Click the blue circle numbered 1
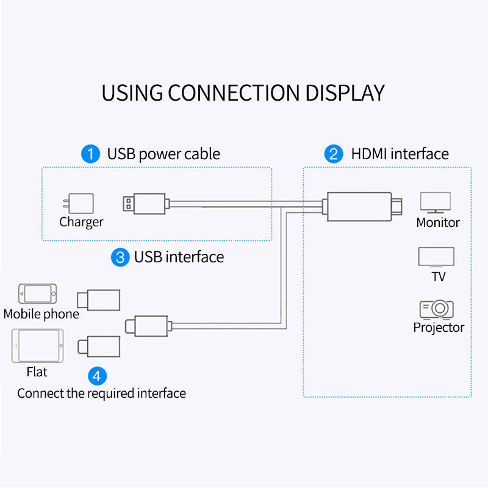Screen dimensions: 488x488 coord(90,154)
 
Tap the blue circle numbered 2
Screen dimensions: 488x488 coord(333,154)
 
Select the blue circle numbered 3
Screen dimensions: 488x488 coord(120,257)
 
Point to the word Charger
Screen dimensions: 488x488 coord(81,222)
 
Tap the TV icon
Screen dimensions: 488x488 coord(436,257)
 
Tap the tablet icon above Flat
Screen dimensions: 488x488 coord(37,346)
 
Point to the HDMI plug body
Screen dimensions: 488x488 coord(359,206)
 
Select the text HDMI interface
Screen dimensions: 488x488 coord(400,154)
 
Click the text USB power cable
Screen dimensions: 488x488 coord(163,154)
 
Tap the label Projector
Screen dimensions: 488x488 coord(439,328)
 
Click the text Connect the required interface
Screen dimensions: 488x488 coord(101,393)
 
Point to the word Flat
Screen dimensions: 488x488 coord(37,371)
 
